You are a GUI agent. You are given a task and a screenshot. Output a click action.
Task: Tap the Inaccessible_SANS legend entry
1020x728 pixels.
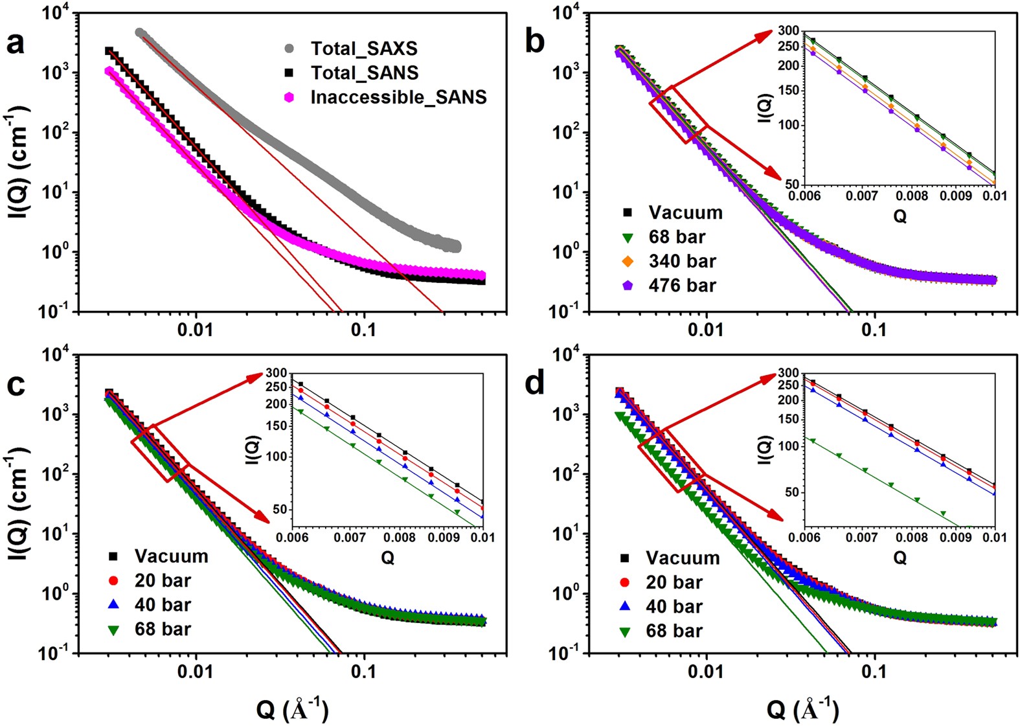point(398,97)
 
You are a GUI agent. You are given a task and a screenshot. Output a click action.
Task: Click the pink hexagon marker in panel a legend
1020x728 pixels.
point(289,97)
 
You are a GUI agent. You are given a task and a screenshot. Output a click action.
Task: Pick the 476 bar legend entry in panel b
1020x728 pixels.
point(682,286)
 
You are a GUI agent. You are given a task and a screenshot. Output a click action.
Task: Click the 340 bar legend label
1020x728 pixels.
point(682,261)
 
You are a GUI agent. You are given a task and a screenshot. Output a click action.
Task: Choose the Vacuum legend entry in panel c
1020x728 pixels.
point(171,556)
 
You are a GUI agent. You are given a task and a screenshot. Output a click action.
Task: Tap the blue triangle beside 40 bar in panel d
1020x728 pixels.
point(626,606)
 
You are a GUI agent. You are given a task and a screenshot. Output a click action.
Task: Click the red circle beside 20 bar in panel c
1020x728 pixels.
point(114,580)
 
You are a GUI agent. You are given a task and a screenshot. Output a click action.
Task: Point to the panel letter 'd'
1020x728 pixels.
point(535,383)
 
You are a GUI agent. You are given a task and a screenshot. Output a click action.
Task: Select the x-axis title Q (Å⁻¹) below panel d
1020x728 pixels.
point(802,710)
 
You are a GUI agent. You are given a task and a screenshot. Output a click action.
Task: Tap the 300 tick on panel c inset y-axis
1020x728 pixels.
point(275,373)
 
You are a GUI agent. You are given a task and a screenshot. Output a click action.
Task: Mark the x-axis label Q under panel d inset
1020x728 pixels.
point(900,557)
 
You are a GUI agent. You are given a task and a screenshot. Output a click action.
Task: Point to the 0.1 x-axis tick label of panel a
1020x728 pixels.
point(363,330)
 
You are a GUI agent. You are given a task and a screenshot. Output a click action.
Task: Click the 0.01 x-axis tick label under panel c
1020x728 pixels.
point(195,672)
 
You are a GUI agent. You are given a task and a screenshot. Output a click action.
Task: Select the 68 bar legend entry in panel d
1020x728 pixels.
point(674,631)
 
